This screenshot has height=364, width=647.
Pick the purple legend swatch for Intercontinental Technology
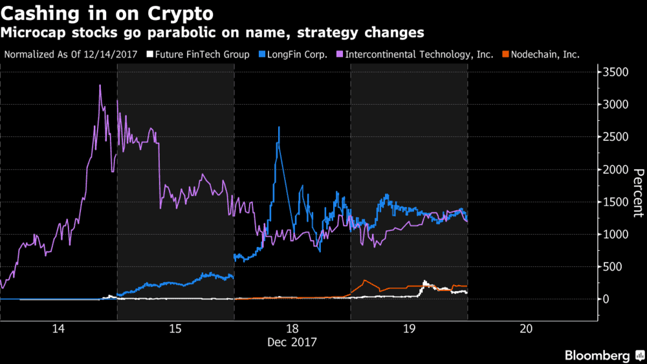[x=339, y=54]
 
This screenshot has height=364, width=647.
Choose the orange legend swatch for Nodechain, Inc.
[x=505, y=54]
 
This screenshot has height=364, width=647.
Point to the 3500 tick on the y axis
[x=616, y=72]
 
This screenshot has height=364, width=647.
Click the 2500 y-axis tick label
[x=616, y=137]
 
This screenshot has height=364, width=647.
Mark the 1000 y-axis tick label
[x=616, y=234]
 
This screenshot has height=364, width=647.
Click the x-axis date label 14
[x=58, y=328]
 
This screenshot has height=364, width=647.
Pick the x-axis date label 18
[x=292, y=328]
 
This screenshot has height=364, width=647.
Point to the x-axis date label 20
[x=525, y=328]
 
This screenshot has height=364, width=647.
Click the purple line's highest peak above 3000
[x=100, y=85]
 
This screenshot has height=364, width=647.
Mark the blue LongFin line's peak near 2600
[x=279, y=127]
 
